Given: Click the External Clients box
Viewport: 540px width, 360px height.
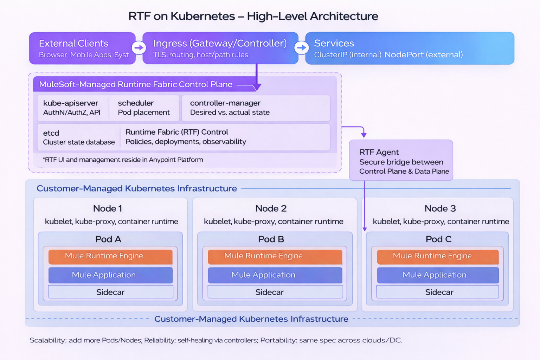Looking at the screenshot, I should tap(82, 48).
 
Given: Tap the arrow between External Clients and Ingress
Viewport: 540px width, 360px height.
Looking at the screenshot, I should tap(139, 48).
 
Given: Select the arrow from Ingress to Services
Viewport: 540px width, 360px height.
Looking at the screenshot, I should tap(301, 48).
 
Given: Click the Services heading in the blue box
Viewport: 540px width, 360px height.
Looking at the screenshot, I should tap(334, 43).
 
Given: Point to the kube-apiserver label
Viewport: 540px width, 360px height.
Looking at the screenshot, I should tap(71, 103).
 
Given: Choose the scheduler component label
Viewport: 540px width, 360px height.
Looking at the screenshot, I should tap(136, 103).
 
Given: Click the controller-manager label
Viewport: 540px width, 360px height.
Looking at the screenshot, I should tap(225, 103).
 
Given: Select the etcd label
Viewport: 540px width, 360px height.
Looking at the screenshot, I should tap(51, 133).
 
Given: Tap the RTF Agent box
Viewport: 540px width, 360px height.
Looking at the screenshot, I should tap(401, 161).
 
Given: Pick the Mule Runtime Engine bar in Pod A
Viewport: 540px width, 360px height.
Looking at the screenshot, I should tap(110, 256).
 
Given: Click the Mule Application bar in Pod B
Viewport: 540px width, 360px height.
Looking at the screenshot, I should tap(275, 275).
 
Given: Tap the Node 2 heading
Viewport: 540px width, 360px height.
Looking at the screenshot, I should tap(271, 208).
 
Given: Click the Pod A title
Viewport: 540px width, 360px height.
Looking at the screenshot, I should tap(108, 239).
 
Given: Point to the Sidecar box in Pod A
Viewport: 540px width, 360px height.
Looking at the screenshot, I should tap(110, 292).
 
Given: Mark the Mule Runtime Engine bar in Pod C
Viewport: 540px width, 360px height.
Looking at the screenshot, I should tap(438, 256).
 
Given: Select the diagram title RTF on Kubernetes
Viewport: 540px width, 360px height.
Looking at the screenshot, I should tap(253, 16).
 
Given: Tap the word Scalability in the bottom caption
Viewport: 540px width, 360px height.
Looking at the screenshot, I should tap(47, 340).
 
